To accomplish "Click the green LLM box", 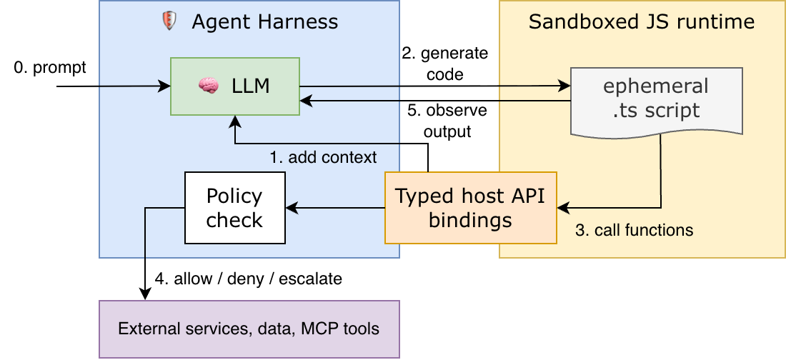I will pos(234,86).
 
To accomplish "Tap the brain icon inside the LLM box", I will pos(208,86).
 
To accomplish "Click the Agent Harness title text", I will pos(264,21).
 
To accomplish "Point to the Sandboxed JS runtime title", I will pos(641,21).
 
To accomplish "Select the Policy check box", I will pos(234,208).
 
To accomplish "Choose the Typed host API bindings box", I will pos(470,208).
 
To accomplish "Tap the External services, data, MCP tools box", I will pos(249,329).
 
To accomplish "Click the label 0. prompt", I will pos(50,68).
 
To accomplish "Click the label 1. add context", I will pos(322,156).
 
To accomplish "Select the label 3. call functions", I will pos(635,230).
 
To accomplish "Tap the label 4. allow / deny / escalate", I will pos(248,278).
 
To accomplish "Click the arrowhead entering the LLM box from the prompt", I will pos(166,86).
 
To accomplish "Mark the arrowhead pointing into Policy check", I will pos(289,208).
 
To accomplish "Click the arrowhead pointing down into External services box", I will pos(145,295).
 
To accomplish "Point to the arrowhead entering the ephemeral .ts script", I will pos(565,86).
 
